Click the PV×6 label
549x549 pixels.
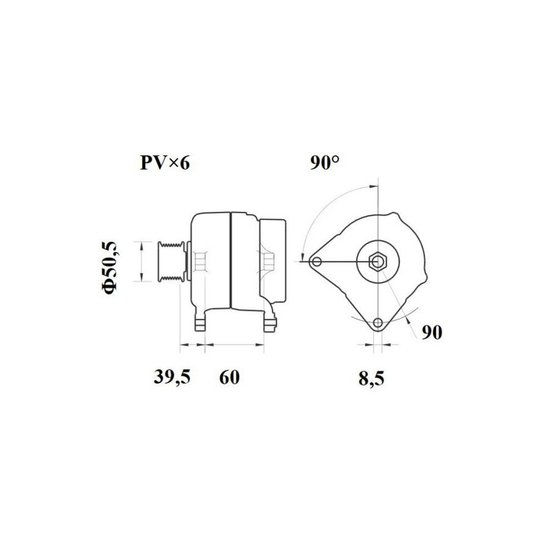[x=165, y=163]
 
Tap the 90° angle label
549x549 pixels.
[x=325, y=163]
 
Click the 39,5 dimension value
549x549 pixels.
[x=172, y=378]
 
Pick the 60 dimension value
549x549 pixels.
[x=229, y=378]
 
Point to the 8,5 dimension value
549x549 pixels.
[x=371, y=378]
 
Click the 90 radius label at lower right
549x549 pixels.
[x=432, y=332]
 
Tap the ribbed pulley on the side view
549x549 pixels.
[x=171, y=261]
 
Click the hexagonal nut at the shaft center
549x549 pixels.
[x=378, y=262]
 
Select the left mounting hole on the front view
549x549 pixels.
[x=317, y=262]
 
